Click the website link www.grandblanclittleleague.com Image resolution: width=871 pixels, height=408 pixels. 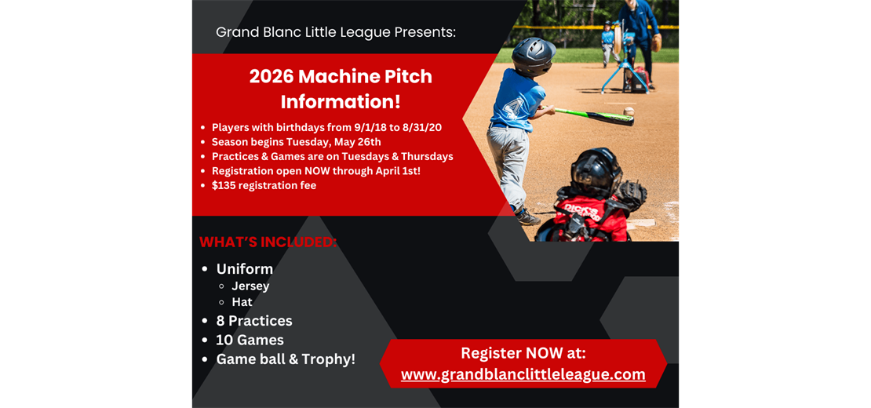click(523, 375)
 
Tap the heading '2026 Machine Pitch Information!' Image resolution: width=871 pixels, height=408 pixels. click(341, 89)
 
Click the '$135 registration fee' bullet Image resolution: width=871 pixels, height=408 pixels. click(264, 185)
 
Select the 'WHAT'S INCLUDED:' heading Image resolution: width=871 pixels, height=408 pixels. click(268, 242)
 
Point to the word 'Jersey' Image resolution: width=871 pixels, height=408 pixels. click(250, 286)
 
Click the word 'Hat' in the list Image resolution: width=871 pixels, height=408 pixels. click(242, 302)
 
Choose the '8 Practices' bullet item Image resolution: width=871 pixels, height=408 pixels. click(254, 321)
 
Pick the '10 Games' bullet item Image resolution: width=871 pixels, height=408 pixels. click(250, 340)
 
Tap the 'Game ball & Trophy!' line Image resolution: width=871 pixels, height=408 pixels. click(286, 359)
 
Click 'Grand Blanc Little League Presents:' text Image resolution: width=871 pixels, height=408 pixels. click(335, 32)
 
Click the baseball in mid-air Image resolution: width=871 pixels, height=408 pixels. click(628, 111)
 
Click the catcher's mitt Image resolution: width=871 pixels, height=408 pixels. click(631, 195)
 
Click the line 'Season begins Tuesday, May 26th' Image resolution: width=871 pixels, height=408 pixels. click(296, 142)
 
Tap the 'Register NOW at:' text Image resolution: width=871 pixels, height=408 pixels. click(523, 353)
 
